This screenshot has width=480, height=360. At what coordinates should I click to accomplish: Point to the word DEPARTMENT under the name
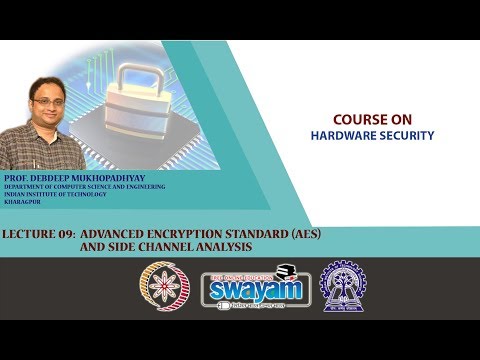click(x=27, y=186)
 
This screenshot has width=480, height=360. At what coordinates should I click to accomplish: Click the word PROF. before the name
click(x=17, y=177)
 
